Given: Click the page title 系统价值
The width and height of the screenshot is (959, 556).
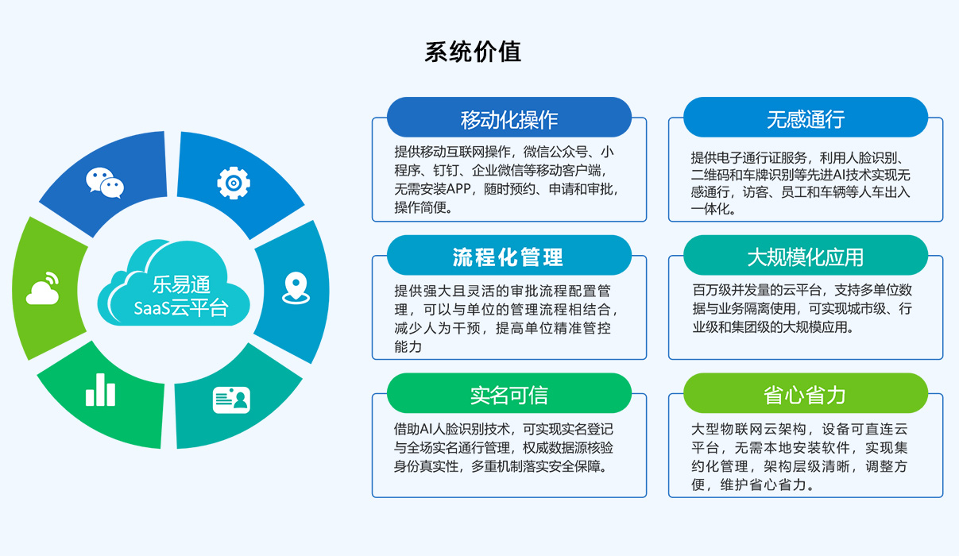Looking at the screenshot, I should click(473, 52).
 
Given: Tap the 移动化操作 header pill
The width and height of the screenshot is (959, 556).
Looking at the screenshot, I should click(509, 119).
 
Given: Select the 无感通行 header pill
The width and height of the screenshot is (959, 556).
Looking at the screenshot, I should click(805, 119).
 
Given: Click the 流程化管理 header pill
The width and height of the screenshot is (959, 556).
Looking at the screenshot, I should click(509, 257).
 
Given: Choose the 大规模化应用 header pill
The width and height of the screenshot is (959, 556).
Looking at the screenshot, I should click(805, 257).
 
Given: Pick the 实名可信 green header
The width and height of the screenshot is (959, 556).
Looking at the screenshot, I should click(509, 395).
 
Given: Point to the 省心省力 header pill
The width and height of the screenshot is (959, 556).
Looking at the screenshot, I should click(805, 395).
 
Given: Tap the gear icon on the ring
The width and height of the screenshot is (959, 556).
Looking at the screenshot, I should click(234, 183).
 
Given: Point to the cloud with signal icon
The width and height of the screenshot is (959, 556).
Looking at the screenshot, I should click(44, 289).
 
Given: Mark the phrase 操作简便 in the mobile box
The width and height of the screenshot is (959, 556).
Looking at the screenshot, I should click(421, 208).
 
